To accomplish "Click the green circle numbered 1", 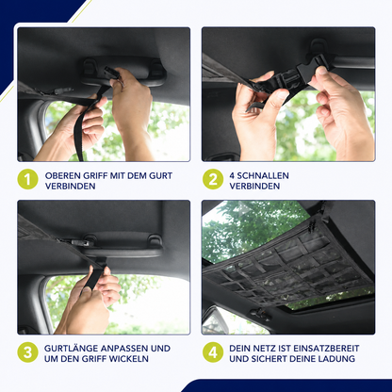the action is click(27, 180).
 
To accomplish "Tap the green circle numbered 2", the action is click(213, 180).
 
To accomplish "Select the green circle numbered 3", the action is click(27, 352).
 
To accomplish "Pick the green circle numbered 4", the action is click(213, 352).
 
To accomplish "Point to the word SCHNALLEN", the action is click(262, 175).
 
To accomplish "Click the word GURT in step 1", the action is click(160, 175).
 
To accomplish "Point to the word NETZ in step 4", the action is click(267, 349).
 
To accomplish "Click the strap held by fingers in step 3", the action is click(94, 276).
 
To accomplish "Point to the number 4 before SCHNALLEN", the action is click(232, 175).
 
